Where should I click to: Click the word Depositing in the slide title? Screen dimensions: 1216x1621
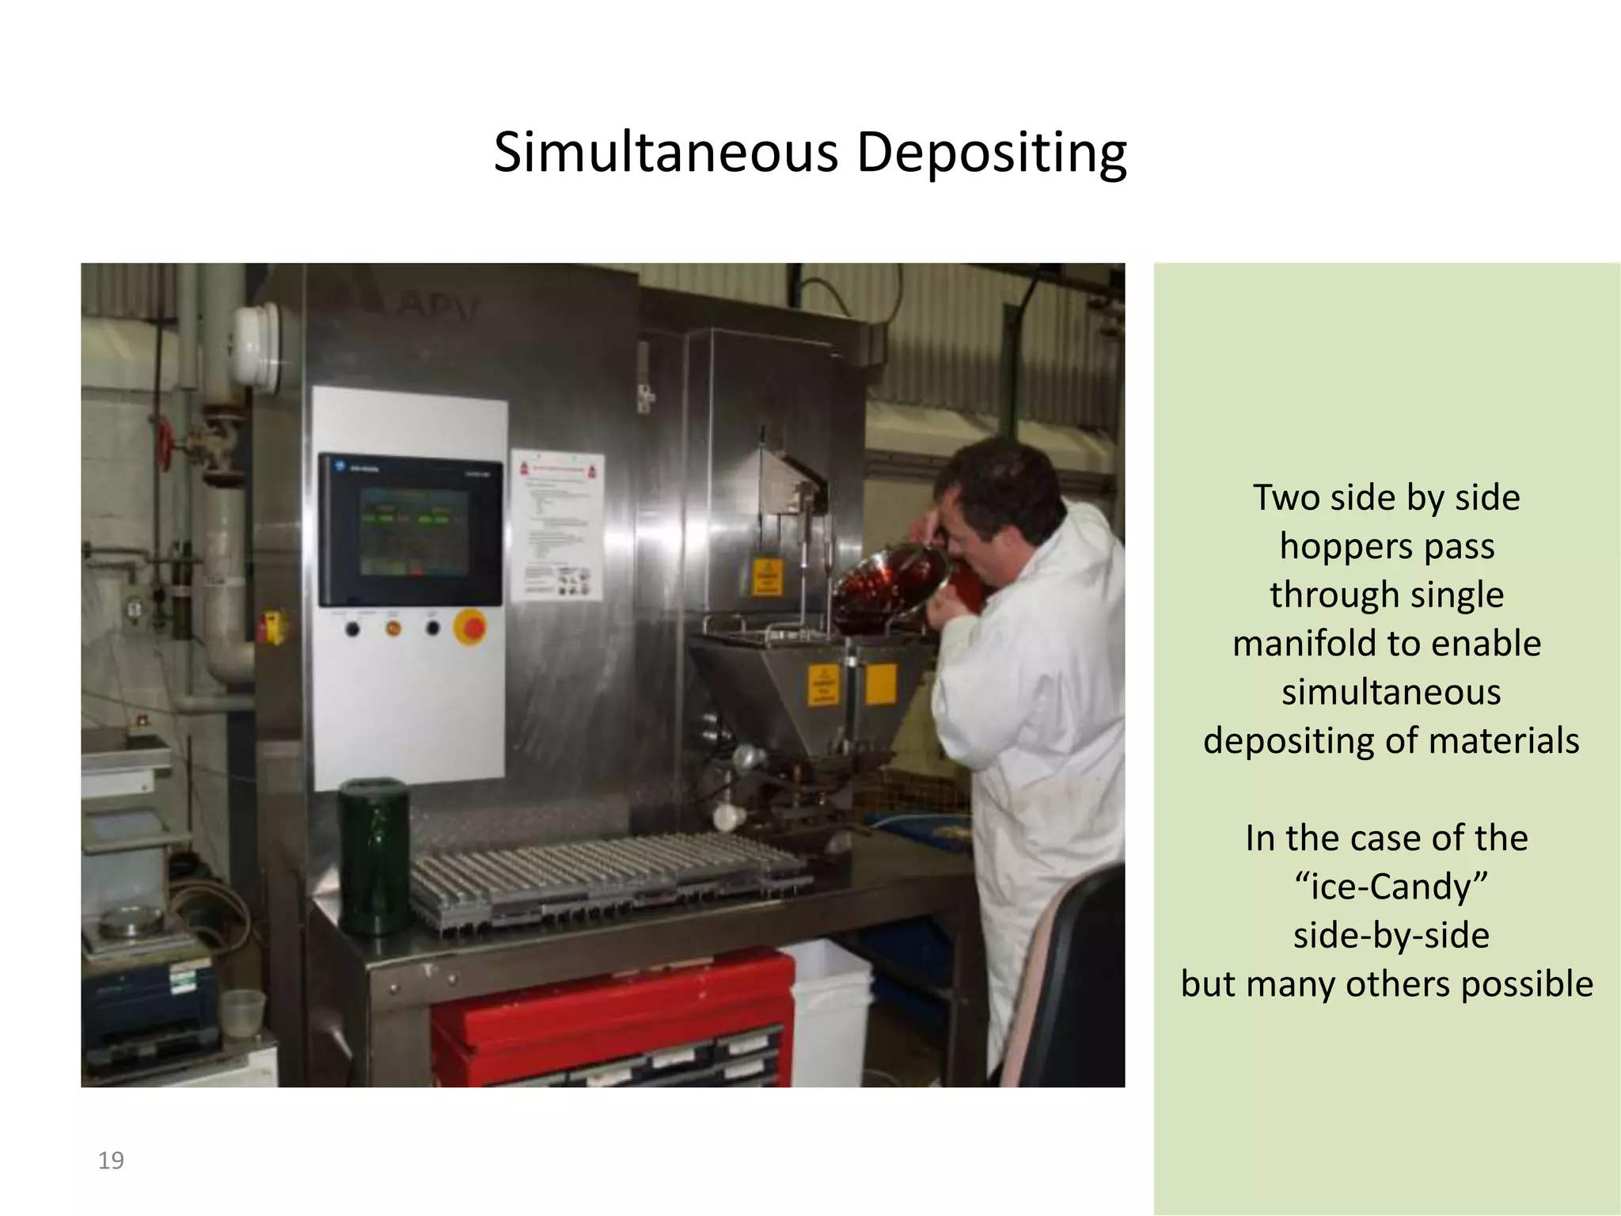pos(991,154)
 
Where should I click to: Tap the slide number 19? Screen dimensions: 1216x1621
pos(111,1161)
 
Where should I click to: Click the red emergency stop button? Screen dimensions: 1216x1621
pos(471,629)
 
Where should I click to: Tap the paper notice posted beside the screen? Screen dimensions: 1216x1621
pos(557,526)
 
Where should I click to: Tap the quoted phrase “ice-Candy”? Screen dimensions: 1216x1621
pos(1391,887)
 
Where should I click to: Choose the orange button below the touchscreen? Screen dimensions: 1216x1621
pos(393,629)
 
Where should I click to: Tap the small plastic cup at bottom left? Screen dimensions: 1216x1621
pos(242,1013)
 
